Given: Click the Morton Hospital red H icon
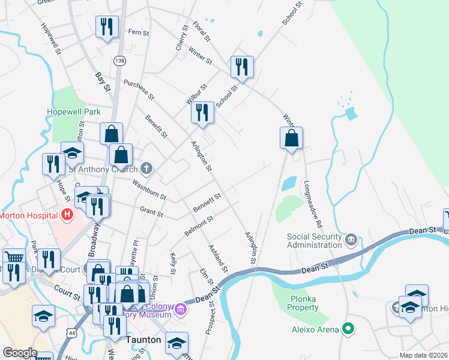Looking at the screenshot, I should coord(67,214).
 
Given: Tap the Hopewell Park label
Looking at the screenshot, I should coord(74,112).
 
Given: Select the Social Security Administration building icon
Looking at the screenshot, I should coord(351,241).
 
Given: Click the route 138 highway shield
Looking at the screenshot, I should coord(120,61).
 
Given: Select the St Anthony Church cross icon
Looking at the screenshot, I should coord(146,168).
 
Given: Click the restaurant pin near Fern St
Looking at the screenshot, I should coord(107,27).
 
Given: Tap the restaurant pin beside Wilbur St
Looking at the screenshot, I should coord(202,112).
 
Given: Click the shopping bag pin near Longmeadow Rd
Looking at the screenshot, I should coord(291,138).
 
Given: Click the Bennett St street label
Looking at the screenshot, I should coord(207,202).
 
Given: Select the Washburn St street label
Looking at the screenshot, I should coord(149,190).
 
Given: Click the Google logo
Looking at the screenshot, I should coord(19,352).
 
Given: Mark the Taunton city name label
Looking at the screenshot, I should coord(143,340).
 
